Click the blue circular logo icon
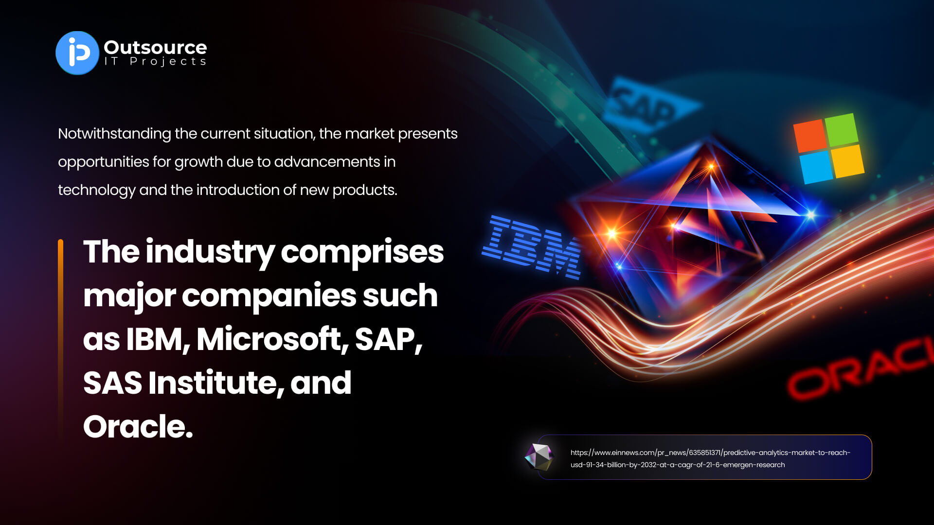tap(77, 53)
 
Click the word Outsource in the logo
tap(155, 47)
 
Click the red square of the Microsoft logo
tap(809, 136)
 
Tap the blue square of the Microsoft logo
tap(816, 167)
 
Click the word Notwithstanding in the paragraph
tap(114, 134)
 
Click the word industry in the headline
tap(210, 252)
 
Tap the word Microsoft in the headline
tap(272, 339)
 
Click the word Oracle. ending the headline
tap(138, 426)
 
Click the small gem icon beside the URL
tap(539, 457)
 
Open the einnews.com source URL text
tap(710, 458)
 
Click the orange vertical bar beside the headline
tap(60, 340)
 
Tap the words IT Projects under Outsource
tap(155, 62)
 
